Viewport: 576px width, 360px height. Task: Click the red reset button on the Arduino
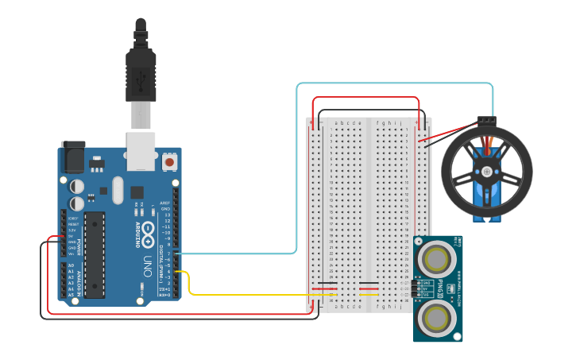[x=169, y=162]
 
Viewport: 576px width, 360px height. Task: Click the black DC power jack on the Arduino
[x=73, y=157]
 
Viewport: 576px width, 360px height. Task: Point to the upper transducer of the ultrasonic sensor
[x=436, y=257]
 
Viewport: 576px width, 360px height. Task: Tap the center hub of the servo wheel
[x=485, y=169]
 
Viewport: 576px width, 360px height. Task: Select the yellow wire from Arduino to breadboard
[x=238, y=294]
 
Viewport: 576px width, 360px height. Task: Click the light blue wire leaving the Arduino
[x=238, y=254]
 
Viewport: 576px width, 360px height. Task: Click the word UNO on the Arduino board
[x=147, y=261]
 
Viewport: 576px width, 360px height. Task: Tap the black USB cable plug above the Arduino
[x=141, y=72]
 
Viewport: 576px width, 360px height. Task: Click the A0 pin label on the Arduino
[x=71, y=265]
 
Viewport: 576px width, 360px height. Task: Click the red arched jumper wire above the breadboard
[x=365, y=98]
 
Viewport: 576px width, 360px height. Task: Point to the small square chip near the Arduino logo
[x=137, y=192]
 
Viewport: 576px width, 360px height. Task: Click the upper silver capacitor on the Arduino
[x=77, y=186]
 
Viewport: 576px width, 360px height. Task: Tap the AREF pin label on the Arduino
[x=165, y=203]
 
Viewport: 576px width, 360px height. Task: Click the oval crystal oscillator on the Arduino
[x=118, y=190]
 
